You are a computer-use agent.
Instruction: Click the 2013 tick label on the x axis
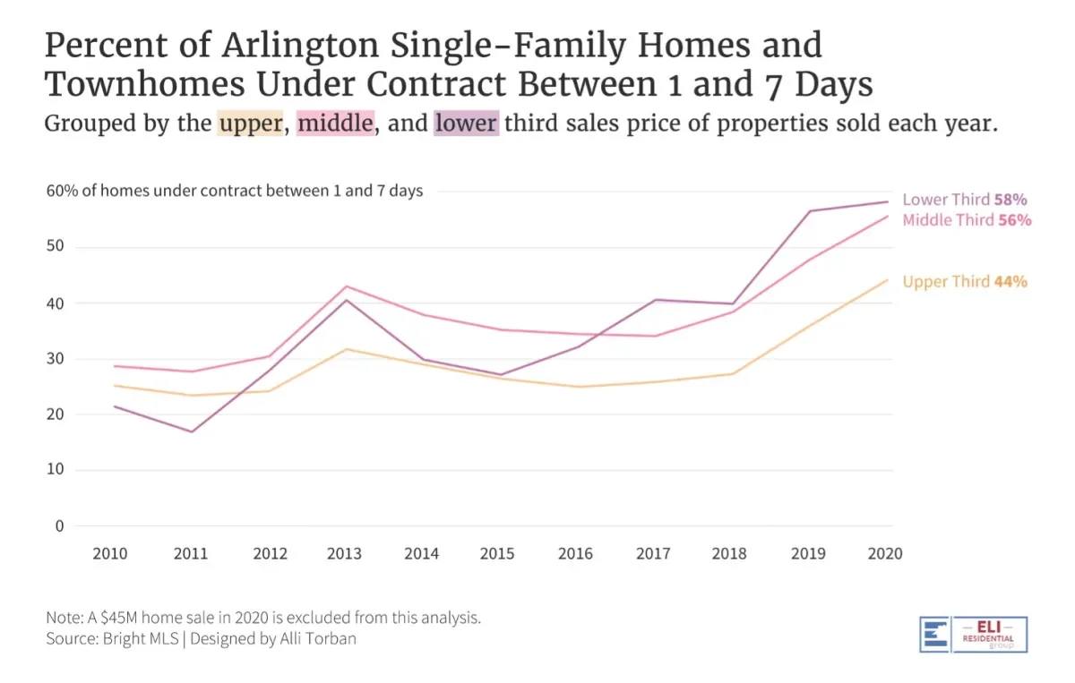(344, 553)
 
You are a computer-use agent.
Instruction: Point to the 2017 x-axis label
(653, 553)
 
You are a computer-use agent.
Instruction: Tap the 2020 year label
(884, 553)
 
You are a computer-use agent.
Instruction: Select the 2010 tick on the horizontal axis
(110, 553)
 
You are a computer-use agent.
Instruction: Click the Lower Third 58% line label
(964, 200)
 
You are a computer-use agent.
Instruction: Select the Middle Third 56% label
(967, 220)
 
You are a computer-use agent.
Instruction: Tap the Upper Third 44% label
(965, 281)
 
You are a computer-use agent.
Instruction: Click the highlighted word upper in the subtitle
(251, 123)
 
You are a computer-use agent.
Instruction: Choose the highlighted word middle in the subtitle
(335, 123)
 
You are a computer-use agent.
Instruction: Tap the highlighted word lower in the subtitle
(466, 123)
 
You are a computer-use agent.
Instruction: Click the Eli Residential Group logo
(973, 634)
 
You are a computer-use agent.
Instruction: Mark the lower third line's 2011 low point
(191, 431)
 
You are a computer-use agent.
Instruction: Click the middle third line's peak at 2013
(345, 286)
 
